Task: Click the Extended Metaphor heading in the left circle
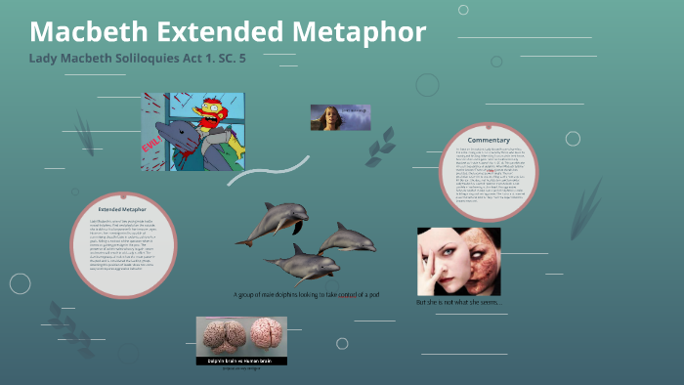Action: point(122,209)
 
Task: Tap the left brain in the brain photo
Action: point(222,336)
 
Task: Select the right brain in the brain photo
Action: point(265,336)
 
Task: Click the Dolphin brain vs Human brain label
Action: point(241,361)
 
